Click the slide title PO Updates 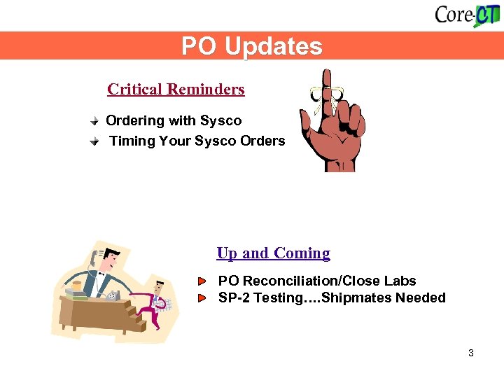252,46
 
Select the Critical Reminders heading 176,90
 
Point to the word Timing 132,141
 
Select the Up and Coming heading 273,253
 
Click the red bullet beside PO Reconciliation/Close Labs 202,281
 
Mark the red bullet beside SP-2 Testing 202,298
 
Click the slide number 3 471,353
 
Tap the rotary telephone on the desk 113,295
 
